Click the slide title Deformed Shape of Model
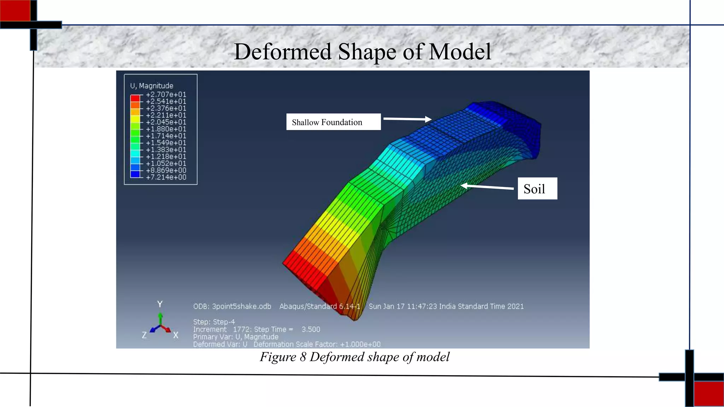tap(362, 52)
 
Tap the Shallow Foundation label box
tap(333, 122)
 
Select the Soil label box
tap(537, 189)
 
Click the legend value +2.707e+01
tap(166, 95)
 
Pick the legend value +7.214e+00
tap(166, 177)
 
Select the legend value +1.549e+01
tap(166, 143)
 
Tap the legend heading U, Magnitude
tap(152, 86)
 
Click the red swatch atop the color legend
tap(135, 98)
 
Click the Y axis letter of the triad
tap(160, 304)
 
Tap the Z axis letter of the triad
tap(144, 335)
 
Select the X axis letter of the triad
tap(176, 335)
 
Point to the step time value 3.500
tap(311, 329)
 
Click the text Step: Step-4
tap(214, 322)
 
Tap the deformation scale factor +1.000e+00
tap(360, 344)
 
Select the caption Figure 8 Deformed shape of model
tap(355, 357)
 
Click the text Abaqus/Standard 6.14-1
tap(320, 306)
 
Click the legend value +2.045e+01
tap(166, 122)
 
